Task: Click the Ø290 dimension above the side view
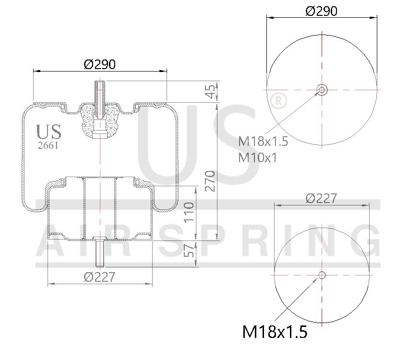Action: (x=100, y=64)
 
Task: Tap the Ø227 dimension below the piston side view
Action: (x=99, y=277)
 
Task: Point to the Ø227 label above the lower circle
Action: (x=321, y=198)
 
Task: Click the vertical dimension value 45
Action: (x=210, y=92)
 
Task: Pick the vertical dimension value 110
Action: (x=189, y=212)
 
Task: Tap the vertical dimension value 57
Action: (x=189, y=253)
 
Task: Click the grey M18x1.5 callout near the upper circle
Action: (x=263, y=141)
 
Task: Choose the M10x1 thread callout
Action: (x=258, y=157)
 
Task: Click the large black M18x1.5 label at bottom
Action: (x=275, y=331)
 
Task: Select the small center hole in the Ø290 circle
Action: (x=322, y=89)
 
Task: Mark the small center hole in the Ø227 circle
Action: (x=322, y=275)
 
